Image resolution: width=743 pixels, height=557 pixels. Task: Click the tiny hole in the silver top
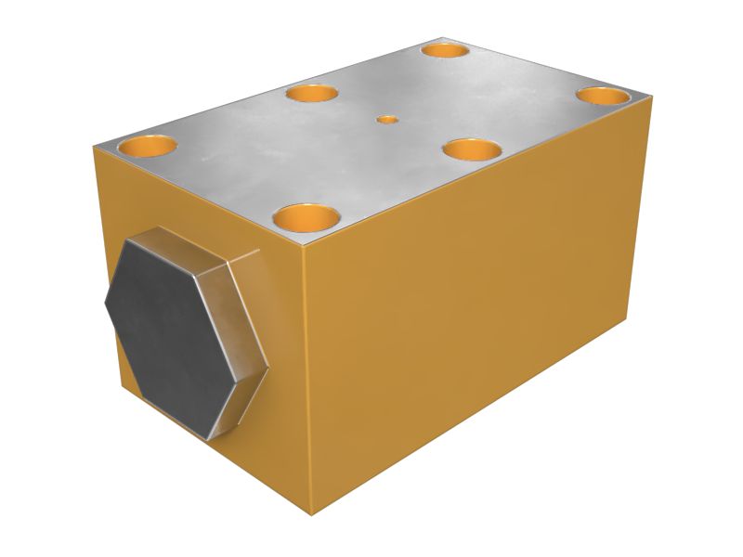(x=387, y=119)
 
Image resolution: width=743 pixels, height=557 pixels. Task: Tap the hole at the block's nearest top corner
(x=307, y=219)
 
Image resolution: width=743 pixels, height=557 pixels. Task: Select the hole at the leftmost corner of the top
(x=148, y=146)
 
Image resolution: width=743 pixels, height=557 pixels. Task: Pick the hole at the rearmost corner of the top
(x=445, y=49)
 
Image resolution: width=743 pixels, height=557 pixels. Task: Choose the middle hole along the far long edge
(x=313, y=93)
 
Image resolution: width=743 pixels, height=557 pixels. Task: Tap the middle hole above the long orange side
(x=472, y=149)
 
